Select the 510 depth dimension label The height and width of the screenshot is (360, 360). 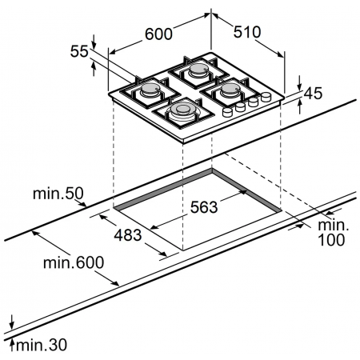point(248,32)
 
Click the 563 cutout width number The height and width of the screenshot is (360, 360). point(204,207)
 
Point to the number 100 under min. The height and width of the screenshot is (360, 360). point(330,240)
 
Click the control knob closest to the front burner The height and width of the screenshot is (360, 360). point(226,113)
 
